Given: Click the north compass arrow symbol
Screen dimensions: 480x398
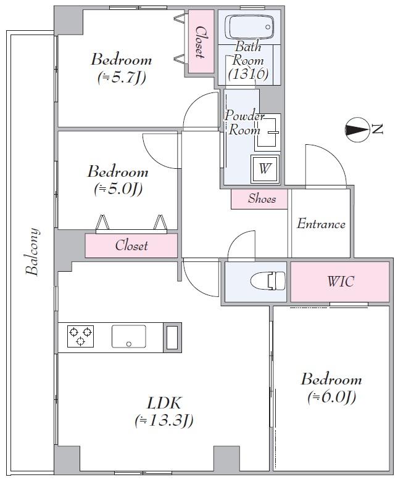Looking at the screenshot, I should click(x=355, y=130).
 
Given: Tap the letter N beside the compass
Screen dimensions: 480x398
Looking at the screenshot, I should click(x=378, y=129).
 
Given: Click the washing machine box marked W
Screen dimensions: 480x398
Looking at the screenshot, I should click(x=264, y=168).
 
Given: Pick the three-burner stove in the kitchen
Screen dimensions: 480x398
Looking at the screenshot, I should click(x=80, y=336).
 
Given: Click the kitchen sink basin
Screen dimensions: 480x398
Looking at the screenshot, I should click(x=128, y=336).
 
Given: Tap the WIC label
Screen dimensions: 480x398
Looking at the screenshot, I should click(x=340, y=282).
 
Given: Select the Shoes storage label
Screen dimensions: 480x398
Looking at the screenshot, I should click(x=262, y=198).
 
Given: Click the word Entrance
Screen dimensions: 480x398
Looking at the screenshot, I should click(x=321, y=224).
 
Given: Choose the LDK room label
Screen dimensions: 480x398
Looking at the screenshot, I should click(x=164, y=404).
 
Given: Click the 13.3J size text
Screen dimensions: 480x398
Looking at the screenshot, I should click(x=164, y=421).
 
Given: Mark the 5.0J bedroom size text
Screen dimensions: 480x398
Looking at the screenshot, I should click(x=118, y=189).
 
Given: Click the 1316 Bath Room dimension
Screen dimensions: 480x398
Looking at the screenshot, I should click(x=247, y=74).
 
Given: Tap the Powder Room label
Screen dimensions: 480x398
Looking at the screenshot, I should click(x=244, y=123).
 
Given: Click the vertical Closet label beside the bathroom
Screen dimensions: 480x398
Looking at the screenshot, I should click(x=200, y=40).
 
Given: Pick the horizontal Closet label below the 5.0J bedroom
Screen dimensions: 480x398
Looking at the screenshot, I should click(x=131, y=245).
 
